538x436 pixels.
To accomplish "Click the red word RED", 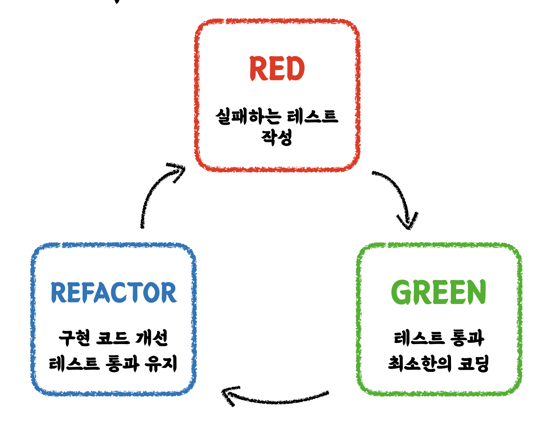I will (277, 69).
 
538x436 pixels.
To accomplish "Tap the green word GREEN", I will (439, 292).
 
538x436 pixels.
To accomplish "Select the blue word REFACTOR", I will (113, 293).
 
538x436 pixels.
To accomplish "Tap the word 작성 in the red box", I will (277, 137).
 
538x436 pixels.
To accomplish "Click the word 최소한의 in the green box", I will (420, 363).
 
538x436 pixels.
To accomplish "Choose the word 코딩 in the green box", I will (473, 363).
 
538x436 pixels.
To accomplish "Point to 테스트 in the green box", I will (419, 338).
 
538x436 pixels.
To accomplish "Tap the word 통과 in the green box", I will (467, 338).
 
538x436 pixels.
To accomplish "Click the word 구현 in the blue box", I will (74, 338).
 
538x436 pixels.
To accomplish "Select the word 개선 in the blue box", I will (152, 338).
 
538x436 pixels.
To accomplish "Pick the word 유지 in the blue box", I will (161, 363).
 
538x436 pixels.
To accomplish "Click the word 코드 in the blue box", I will (113, 338).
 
